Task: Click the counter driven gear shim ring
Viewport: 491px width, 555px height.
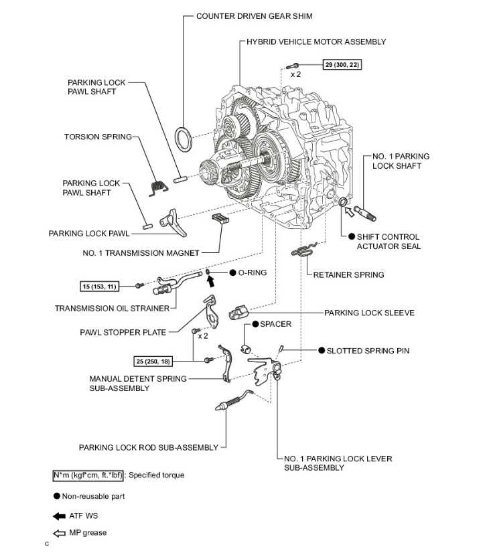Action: click(182, 138)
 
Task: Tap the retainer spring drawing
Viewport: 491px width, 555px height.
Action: click(303, 252)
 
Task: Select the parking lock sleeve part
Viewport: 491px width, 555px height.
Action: click(239, 313)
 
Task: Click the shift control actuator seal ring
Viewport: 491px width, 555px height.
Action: click(342, 202)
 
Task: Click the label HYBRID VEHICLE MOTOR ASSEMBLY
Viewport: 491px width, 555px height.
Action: click(316, 42)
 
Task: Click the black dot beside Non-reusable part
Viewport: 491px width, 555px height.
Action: click(57, 496)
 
